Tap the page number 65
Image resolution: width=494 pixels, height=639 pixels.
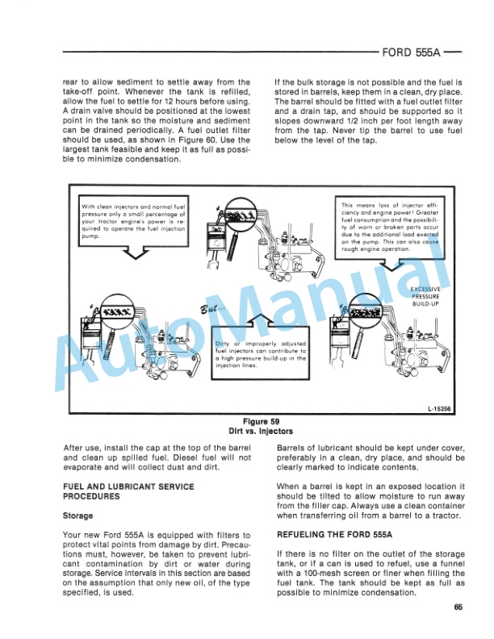(457, 608)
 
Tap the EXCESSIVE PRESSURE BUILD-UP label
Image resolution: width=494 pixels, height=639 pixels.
(425, 296)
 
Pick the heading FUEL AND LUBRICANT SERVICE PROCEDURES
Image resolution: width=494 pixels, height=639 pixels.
(128, 491)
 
